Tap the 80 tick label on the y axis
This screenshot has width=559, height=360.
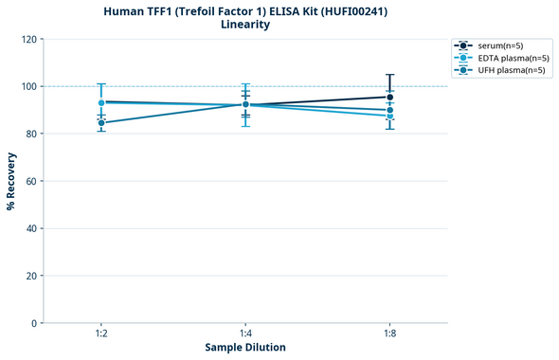[29, 134]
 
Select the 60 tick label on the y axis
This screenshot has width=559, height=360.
[29, 181]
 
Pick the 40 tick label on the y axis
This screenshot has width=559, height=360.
[29, 228]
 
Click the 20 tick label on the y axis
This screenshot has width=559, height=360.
[29, 276]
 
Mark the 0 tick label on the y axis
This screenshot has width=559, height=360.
[32, 323]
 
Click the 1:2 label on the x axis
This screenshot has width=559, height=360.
[101, 334]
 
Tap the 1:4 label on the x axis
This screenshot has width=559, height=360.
[245, 334]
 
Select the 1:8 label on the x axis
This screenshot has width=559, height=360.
[389, 334]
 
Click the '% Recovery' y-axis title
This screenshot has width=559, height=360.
[11, 181]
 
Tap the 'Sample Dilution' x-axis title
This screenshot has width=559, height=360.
[245, 348]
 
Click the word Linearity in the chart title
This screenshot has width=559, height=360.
[244, 25]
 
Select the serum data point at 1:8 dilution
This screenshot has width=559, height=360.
[389, 97]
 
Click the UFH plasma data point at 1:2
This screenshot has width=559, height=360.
[101, 123]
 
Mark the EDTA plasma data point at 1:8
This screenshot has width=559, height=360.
[389, 116]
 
